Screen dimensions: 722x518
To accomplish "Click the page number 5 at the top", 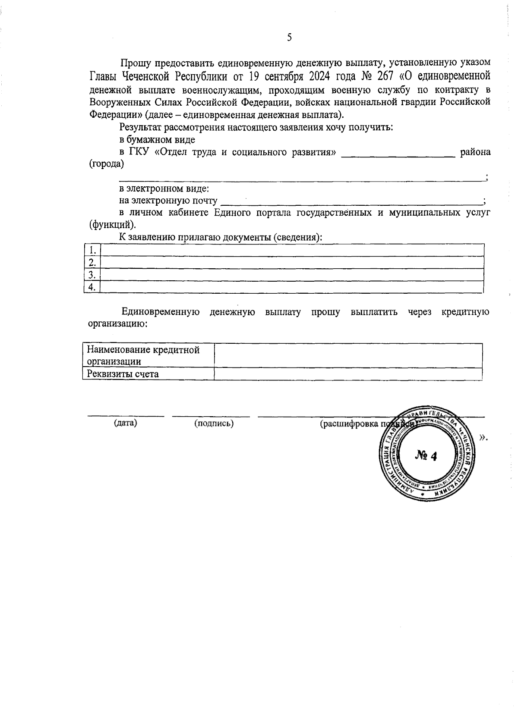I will (289, 38).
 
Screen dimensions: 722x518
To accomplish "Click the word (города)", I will (106, 164).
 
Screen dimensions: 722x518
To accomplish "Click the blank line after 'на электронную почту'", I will (351, 202).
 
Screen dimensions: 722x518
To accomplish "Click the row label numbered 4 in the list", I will (92, 287).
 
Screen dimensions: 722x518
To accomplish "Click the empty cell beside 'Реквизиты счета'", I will (348, 374).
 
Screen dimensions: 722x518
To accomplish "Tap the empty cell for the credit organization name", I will (348, 355).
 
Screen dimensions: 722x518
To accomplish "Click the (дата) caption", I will (125, 423).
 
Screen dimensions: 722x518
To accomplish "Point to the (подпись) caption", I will (214, 424).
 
